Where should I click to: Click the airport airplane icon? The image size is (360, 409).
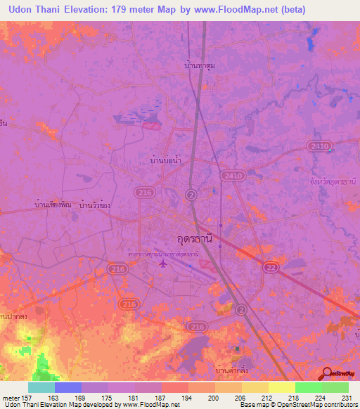[165, 265]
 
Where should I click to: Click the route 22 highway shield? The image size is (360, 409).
[270, 267]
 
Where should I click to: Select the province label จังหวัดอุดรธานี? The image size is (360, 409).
[333, 181]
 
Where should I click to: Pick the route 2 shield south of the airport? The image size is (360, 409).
[241, 309]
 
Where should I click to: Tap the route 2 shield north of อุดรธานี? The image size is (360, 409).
[191, 194]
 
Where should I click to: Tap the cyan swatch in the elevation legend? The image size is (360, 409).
[41, 387]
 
